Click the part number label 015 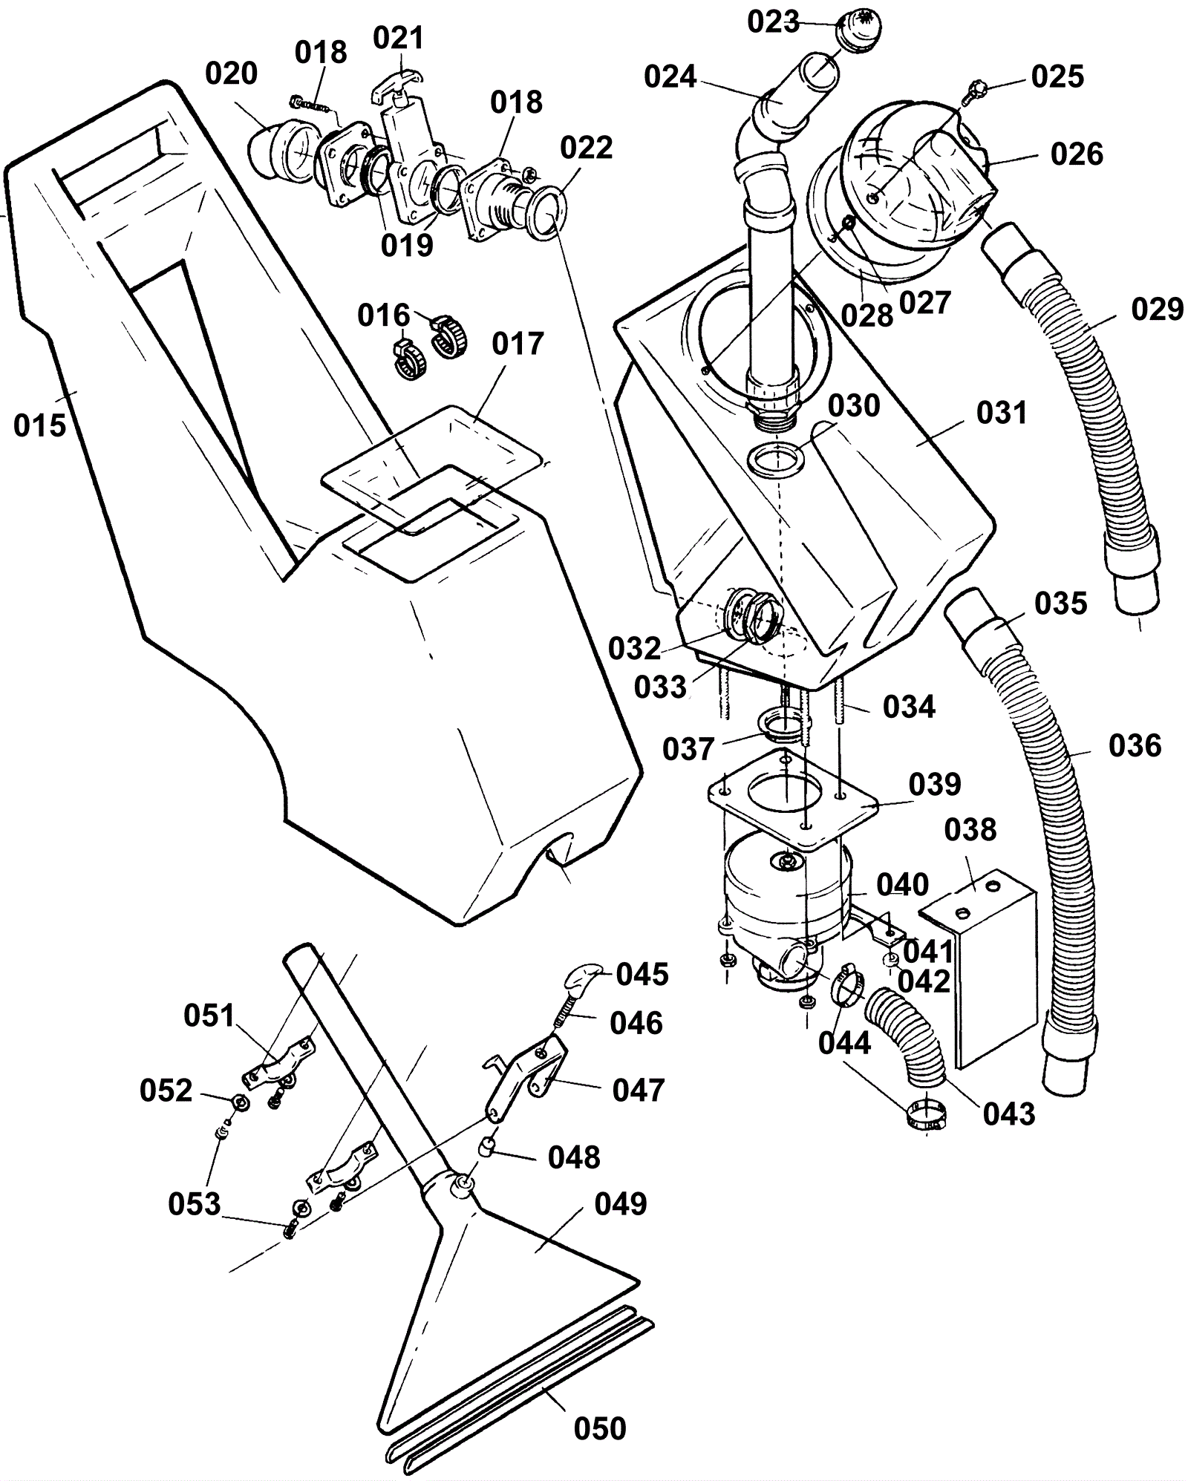click(40, 425)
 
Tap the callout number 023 click(773, 22)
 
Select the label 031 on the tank click(1002, 413)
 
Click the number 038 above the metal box click(971, 830)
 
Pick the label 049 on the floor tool click(621, 1203)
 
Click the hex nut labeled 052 click(240, 1101)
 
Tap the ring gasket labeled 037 click(779, 725)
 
